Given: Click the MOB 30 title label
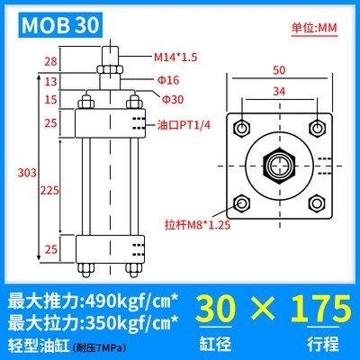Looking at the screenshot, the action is tap(60, 25).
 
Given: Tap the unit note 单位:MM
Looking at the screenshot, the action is tap(314, 28).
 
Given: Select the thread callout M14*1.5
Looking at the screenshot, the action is tap(175, 57).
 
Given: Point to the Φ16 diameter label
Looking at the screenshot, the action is tap(168, 80).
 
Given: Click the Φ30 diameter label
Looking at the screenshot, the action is tap(173, 99).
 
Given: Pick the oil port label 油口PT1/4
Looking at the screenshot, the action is tap(184, 125).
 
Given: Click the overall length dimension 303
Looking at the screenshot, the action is tap(27, 173).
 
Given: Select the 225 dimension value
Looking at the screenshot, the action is tap(49, 190).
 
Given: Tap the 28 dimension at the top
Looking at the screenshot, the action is tap(50, 61).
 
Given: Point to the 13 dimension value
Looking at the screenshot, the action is tap(50, 81).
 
